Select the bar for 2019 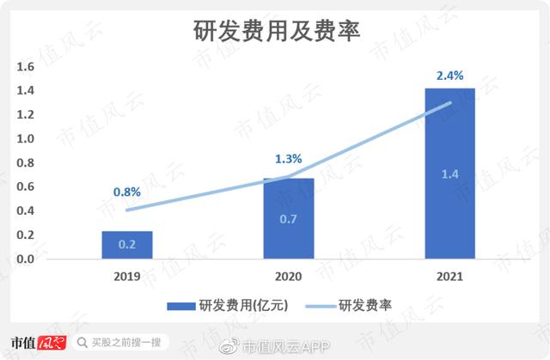127,245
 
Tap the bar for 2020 289,218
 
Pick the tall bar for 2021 449,172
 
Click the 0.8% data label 127,192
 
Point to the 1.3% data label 289,159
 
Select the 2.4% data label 450,76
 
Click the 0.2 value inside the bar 127,245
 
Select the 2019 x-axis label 127,278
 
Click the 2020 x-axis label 289,278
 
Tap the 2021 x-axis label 449,278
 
